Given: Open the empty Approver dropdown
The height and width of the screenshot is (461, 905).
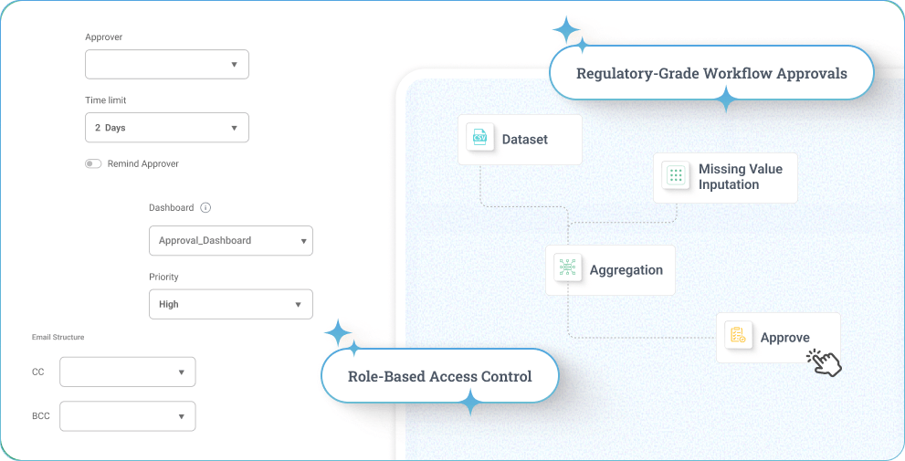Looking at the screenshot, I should pyautogui.click(x=166, y=65).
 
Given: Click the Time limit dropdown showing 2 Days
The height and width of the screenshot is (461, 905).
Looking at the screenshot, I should pyautogui.click(x=166, y=128).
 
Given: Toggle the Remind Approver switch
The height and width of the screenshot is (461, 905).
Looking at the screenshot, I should pyautogui.click(x=93, y=164).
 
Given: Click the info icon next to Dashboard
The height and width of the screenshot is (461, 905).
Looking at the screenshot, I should pyautogui.click(x=205, y=208).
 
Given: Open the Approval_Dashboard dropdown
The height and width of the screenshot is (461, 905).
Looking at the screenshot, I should pyautogui.click(x=230, y=241).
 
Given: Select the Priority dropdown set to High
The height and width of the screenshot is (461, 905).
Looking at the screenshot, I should pyautogui.click(x=230, y=304).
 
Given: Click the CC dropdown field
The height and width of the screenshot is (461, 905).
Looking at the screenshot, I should pyautogui.click(x=127, y=372).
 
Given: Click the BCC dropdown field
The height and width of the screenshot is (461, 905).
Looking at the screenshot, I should pyautogui.click(x=127, y=416).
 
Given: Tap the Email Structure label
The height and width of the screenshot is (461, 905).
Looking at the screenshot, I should pyautogui.click(x=58, y=338).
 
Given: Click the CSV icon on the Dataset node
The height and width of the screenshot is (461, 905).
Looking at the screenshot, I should pyautogui.click(x=479, y=139).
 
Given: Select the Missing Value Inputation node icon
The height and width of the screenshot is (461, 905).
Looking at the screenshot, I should pyautogui.click(x=675, y=176).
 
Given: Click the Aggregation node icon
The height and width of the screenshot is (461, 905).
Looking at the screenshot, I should pyautogui.click(x=567, y=269).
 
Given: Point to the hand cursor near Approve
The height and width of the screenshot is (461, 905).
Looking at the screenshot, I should pyautogui.click(x=825, y=362).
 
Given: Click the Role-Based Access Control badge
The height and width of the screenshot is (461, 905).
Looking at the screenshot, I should pyautogui.click(x=439, y=376).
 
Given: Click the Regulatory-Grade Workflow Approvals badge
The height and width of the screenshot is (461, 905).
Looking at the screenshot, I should pyautogui.click(x=711, y=73).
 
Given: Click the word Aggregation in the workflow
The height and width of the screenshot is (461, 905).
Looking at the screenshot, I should pyautogui.click(x=626, y=270).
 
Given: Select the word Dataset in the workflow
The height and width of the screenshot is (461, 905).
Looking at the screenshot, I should pyautogui.click(x=525, y=140).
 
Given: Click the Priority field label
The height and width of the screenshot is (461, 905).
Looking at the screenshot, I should pyautogui.click(x=163, y=277).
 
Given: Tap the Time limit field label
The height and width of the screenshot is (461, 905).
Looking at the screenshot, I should pyautogui.click(x=105, y=100).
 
